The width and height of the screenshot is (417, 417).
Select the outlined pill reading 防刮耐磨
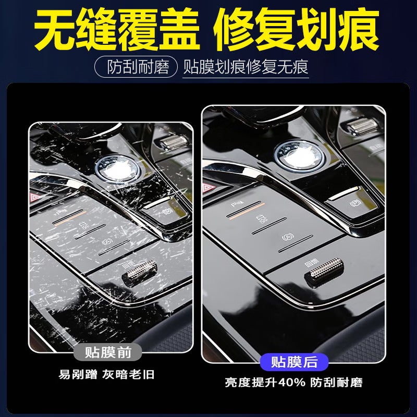tap(138, 67)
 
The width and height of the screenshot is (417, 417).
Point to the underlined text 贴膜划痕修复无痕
tap(246, 67)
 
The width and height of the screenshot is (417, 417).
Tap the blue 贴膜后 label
tap(295, 361)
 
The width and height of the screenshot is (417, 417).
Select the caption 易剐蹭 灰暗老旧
tap(106, 374)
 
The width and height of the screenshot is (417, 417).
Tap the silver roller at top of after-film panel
tap(362, 126)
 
